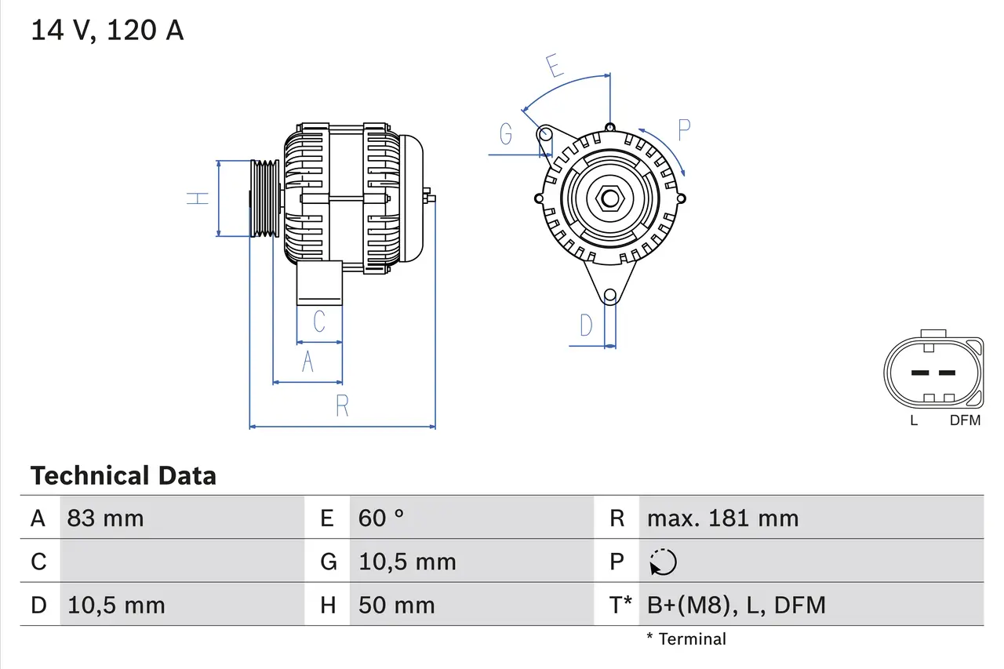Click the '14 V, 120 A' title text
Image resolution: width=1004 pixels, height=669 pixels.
tap(107, 31)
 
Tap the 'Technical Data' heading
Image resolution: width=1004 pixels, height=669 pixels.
tap(123, 475)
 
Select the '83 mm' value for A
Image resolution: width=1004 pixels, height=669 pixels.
tap(105, 518)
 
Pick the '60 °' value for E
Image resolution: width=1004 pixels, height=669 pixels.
tap(381, 518)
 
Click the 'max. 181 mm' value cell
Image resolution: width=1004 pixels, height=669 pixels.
tap(722, 518)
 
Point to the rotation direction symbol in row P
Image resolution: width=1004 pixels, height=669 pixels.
tap(663, 562)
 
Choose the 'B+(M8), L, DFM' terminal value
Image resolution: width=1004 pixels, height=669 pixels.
tap(736, 605)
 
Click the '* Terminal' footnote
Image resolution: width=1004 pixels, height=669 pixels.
tap(686, 639)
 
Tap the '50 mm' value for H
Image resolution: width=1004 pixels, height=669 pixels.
tap(396, 605)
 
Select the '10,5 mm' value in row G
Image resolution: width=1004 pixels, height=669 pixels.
tap(407, 562)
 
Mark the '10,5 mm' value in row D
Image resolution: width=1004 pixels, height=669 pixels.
tap(116, 605)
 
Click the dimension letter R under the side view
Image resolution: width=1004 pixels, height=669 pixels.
tap(342, 405)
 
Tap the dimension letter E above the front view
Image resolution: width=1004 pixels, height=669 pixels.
tap(555, 67)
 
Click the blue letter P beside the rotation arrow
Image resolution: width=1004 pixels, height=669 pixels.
tap(683, 130)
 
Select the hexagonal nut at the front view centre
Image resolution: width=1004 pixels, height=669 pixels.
tap(609, 198)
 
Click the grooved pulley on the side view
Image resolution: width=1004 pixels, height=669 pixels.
tap(264, 198)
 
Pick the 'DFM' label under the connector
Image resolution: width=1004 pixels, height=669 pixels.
tap(965, 420)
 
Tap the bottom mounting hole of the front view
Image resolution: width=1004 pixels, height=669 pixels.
tap(609, 296)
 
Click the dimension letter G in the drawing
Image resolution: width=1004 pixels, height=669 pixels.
tap(506, 135)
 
